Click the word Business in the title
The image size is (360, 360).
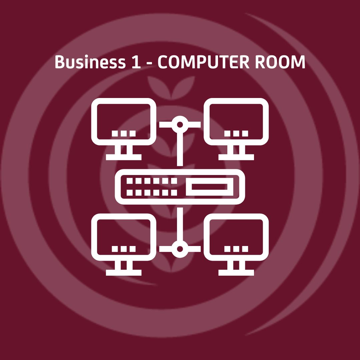(90, 62)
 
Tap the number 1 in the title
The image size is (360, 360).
(136, 62)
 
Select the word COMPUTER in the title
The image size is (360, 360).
(204, 62)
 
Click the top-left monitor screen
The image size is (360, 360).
(124, 122)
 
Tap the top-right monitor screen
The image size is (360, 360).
(236, 122)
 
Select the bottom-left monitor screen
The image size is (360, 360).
(124, 237)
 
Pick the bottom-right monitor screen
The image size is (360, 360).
(236, 237)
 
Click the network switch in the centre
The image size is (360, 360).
(180, 187)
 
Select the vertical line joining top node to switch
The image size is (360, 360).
(180, 149)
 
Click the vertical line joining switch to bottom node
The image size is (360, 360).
(180, 224)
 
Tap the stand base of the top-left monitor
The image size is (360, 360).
(124, 157)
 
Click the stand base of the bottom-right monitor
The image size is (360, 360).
(236, 273)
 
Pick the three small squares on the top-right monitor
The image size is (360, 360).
(236, 133)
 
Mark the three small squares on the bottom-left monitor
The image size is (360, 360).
(124, 249)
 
